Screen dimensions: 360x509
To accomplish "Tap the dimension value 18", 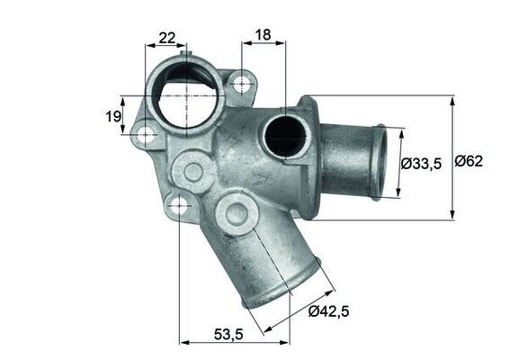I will point(263,36).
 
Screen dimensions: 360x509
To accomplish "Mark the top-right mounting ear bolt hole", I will point(241,85).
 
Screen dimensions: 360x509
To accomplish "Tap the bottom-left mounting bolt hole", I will point(179,204).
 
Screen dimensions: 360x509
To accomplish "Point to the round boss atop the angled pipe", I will point(237,214).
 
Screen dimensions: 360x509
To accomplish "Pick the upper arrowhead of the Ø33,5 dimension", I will point(399,130).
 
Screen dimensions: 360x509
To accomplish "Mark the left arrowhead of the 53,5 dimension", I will point(183,341).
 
